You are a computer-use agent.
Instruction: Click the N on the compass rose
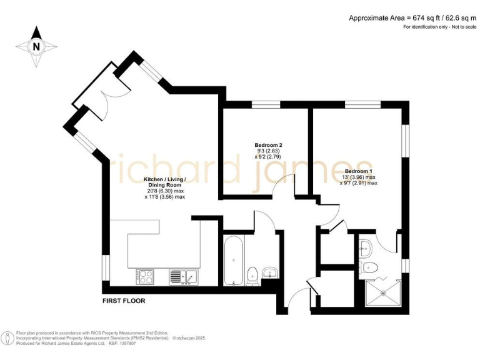(x=36, y=46)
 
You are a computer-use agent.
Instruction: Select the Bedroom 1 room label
(x=358, y=171)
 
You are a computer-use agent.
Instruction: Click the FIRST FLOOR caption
(x=124, y=301)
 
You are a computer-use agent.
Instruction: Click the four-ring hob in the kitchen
(x=146, y=276)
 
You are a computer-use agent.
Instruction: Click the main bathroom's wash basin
(x=271, y=272)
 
